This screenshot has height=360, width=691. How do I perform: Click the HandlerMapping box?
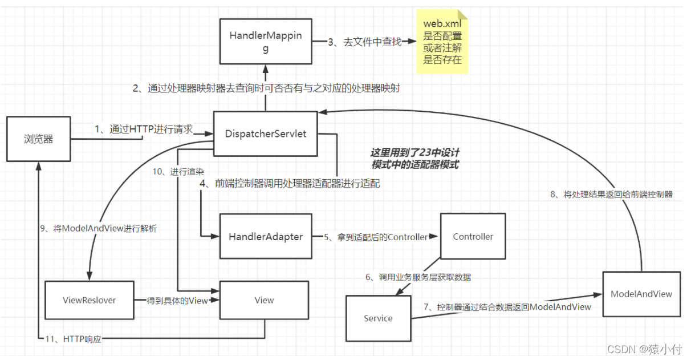pos(266,41)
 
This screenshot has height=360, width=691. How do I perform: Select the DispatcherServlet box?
pos(265,134)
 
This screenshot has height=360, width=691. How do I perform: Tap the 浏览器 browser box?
pos(39,139)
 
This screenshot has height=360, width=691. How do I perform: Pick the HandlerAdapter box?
pos(266,236)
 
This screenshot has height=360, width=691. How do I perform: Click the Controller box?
pos(473,236)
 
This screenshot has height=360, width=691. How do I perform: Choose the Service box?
pos(378,318)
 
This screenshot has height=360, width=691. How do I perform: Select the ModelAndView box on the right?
pos(641,294)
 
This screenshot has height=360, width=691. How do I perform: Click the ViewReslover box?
pos(89,300)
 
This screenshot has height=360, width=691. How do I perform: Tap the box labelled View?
pos(264,300)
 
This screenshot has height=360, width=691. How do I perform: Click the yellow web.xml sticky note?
pos(442,41)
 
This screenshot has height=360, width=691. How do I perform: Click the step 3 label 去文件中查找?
pos(365,42)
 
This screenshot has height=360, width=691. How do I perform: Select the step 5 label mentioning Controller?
pos(376,237)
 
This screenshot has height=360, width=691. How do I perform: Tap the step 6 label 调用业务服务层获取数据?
pos(418,277)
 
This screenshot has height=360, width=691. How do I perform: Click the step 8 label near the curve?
pos(611,195)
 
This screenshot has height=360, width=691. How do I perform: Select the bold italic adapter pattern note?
pos(414,159)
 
